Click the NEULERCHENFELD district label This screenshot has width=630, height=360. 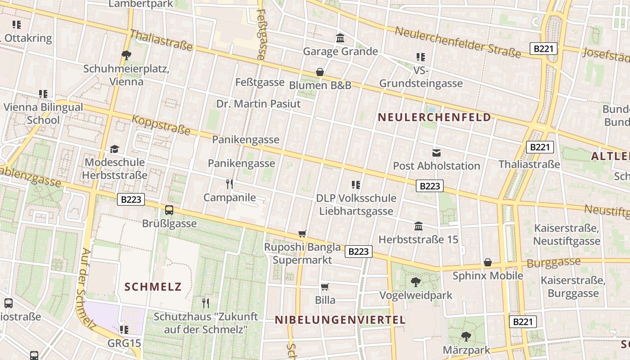[x=434, y=117]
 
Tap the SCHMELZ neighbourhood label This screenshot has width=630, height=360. [x=153, y=287]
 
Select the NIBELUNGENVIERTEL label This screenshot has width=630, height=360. [x=340, y=320]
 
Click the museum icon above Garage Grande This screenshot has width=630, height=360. [x=340, y=38]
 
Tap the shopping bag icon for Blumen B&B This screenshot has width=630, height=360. [x=319, y=72]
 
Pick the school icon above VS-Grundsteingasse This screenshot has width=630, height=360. [x=421, y=57]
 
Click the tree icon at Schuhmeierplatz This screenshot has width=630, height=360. [x=126, y=55]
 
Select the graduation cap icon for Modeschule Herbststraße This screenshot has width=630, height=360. [x=115, y=149]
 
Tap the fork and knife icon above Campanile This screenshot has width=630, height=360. [x=229, y=184]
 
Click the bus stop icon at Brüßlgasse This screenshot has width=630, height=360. [x=169, y=210]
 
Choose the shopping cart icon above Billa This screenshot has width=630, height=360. [x=325, y=287]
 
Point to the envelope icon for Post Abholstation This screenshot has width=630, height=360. [x=436, y=153]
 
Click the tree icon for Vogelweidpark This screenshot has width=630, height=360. [x=416, y=282]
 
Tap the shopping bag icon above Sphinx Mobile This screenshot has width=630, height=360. [x=488, y=262]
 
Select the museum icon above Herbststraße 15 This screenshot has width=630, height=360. [x=418, y=226]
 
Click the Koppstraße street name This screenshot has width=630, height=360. [x=161, y=126]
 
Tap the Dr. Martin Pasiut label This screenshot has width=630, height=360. [x=258, y=104]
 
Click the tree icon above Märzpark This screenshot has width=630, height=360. [x=466, y=336]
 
